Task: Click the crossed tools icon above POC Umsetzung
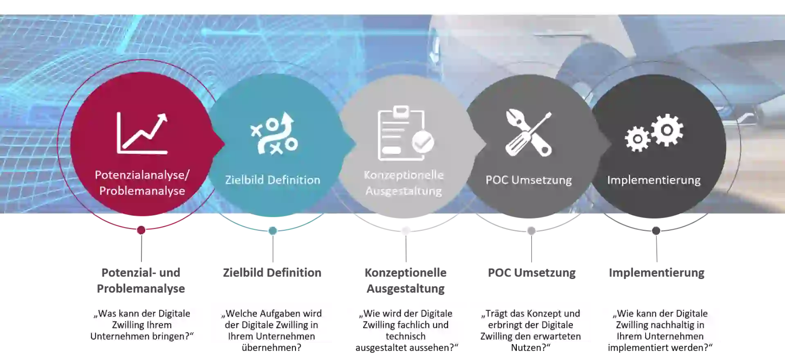click(528, 133)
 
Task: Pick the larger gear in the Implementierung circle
click(667, 130)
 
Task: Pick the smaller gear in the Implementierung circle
click(637, 139)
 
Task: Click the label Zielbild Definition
click(273, 180)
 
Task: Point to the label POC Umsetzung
click(529, 180)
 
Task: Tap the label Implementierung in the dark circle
click(654, 180)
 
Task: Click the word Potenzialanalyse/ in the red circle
click(142, 175)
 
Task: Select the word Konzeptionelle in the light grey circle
click(404, 175)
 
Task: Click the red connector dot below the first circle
click(141, 230)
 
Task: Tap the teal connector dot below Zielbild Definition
click(273, 231)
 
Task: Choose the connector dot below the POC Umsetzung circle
click(531, 231)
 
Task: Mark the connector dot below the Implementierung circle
click(656, 231)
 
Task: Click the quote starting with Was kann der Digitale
click(141, 325)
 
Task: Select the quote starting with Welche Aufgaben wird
click(271, 325)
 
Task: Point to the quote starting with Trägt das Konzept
click(530, 325)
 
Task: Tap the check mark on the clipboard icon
click(423, 142)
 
